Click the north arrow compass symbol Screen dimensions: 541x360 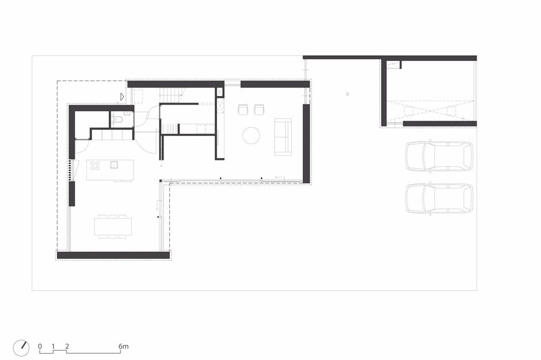(x=21, y=348)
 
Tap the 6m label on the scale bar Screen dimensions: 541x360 (x=124, y=346)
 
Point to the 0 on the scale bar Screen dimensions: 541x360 (x=40, y=346)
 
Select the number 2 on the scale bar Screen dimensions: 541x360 (x=67, y=346)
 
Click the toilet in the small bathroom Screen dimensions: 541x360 (x=118, y=120)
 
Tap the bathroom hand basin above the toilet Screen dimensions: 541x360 (x=127, y=112)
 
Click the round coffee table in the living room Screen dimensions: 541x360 (x=251, y=136)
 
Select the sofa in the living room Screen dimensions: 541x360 (x=283, y=137)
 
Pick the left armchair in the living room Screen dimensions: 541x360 (x=243, y=109)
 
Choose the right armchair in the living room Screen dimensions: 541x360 (x=259, y=109)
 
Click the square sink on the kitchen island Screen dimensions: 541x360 (x=114, y=165)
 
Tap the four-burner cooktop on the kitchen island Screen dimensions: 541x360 (x=95, y=166)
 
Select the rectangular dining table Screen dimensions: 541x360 (x=113, y=226)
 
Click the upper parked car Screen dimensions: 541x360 (x=439, y=156)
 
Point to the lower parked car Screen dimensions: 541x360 (x=439, y=198)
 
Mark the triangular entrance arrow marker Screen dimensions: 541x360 (x=122, y=97)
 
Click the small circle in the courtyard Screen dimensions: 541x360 (x=348, y=94)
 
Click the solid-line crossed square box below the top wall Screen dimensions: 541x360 (x=219, y=92)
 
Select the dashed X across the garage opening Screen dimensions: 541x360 (x=429, y=110)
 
